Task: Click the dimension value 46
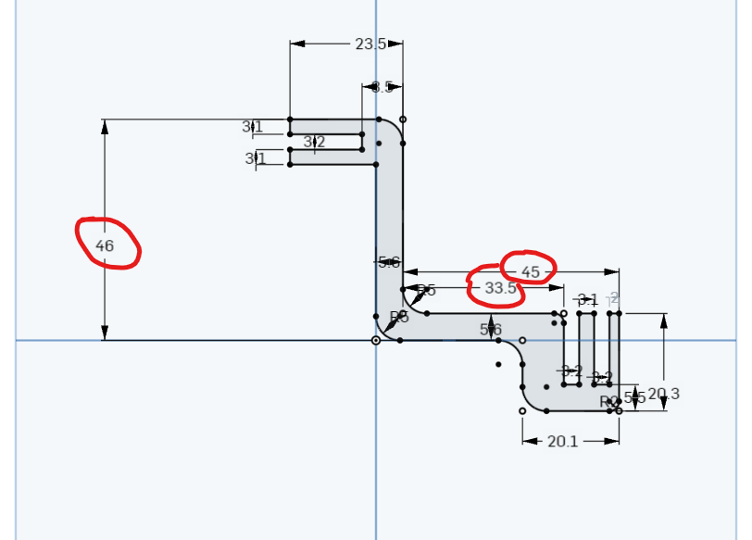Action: coord(105,246)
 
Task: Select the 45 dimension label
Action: coord(530,272)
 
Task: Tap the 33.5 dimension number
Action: coord(500,288)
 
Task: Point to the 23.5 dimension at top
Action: coord(370,44)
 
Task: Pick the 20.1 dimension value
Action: coord(562,442)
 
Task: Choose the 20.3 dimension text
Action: coord(664,395)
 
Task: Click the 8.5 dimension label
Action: coord(382,87)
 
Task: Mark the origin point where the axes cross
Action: coord(376,341)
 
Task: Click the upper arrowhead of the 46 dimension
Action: coord(105,125)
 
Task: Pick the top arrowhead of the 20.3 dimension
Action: coord(664,320)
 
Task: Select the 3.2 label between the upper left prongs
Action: coord(314,142)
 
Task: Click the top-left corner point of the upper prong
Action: coord(290,119)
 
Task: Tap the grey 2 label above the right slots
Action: coord(614,297)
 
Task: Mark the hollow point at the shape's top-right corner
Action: coord(402,119)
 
